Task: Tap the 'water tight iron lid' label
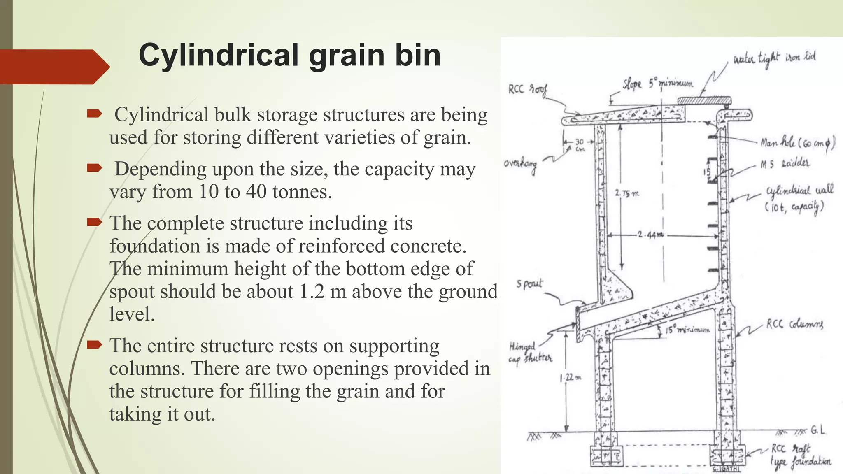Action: [x=774, y=59]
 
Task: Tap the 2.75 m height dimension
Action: [x=627, y=193]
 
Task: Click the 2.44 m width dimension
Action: [x=650, y=235]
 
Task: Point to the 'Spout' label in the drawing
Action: [x=529, y=284]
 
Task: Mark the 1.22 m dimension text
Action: [x=571, y=377]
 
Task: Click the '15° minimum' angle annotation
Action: [x=687, y=330]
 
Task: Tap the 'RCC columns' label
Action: [x=794, y=324]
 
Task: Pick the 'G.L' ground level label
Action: [x=817, y=430]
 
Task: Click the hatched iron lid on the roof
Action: [x=704, y=100]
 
